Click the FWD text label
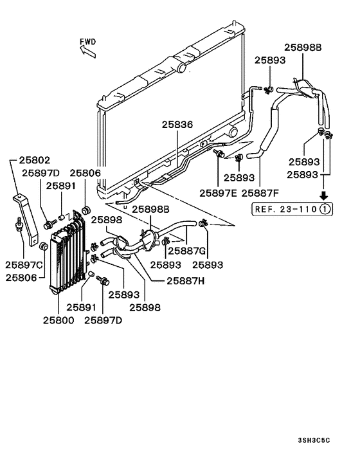[88, 42]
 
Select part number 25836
[177, 125]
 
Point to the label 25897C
[25, 265]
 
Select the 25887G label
[186, 251]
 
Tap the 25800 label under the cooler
[59, 319]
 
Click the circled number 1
[327, 208]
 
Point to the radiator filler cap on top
[183, 67]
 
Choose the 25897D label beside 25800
[105, 319]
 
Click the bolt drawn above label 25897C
[19, 225]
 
